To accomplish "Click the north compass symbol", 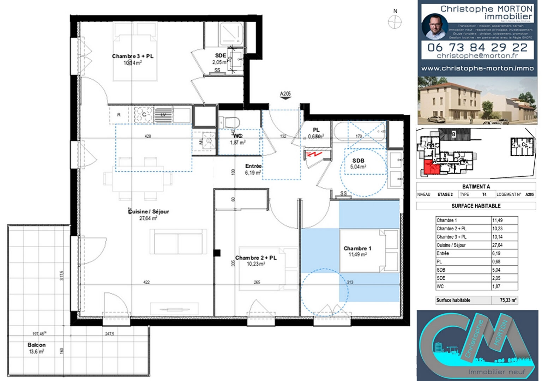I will pyautogui.click(x=395, y=22).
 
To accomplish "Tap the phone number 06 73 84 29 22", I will pyautogui.click(x=477, y=47).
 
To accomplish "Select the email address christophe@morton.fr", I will pyautogui.click(x=477, y=56).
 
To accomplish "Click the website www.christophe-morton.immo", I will pyautogui.click(x=477, y=68).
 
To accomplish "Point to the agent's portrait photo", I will pyautogui.click(x=435, y=27).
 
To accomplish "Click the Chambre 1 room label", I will pyautogui.click(x=357, y=248).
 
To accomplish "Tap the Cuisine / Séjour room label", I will pyautogui.click(x=149, y=212).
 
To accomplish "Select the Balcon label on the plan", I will pyautogui.click(x=37, y=345).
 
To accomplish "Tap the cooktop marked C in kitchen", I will pyautogui.click(x=144, y=115).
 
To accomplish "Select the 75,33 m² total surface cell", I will pyautogui.click(x=508, y=300).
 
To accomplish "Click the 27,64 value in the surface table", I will pyautogui.click(x=497, y=245).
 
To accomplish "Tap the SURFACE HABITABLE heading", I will pyautogui.click(x=476, y=206).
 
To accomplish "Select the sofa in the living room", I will pyautogui.click(x=178, y=242).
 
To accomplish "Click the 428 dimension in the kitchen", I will pyautogui.click(x=148, y=136).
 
